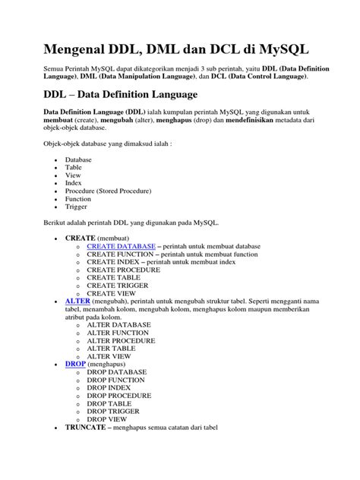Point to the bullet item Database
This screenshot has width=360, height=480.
point(78,160)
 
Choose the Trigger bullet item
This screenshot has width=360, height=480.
point(77,207)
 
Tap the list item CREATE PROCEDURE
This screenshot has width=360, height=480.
point(123,270)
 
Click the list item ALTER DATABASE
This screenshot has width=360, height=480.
point(118,324)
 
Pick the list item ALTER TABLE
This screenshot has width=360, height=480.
point(112,347)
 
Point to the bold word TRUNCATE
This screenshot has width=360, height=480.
point(89,428)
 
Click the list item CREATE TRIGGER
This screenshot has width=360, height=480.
point(118,285)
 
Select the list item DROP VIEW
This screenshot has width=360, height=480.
point(106,418)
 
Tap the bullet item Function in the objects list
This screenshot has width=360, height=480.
point(78,198)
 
